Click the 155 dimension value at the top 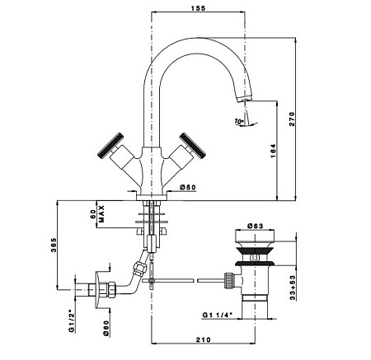point(198,8)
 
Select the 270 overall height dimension point(292,119)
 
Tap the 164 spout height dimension point(273,151)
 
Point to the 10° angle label point(239,121)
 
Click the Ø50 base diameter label point(188,187)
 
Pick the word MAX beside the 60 point(101,213)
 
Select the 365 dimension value point(54,245)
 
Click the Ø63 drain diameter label point(255,226)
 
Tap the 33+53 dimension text point(293,288)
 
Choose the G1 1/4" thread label point(218,315)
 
